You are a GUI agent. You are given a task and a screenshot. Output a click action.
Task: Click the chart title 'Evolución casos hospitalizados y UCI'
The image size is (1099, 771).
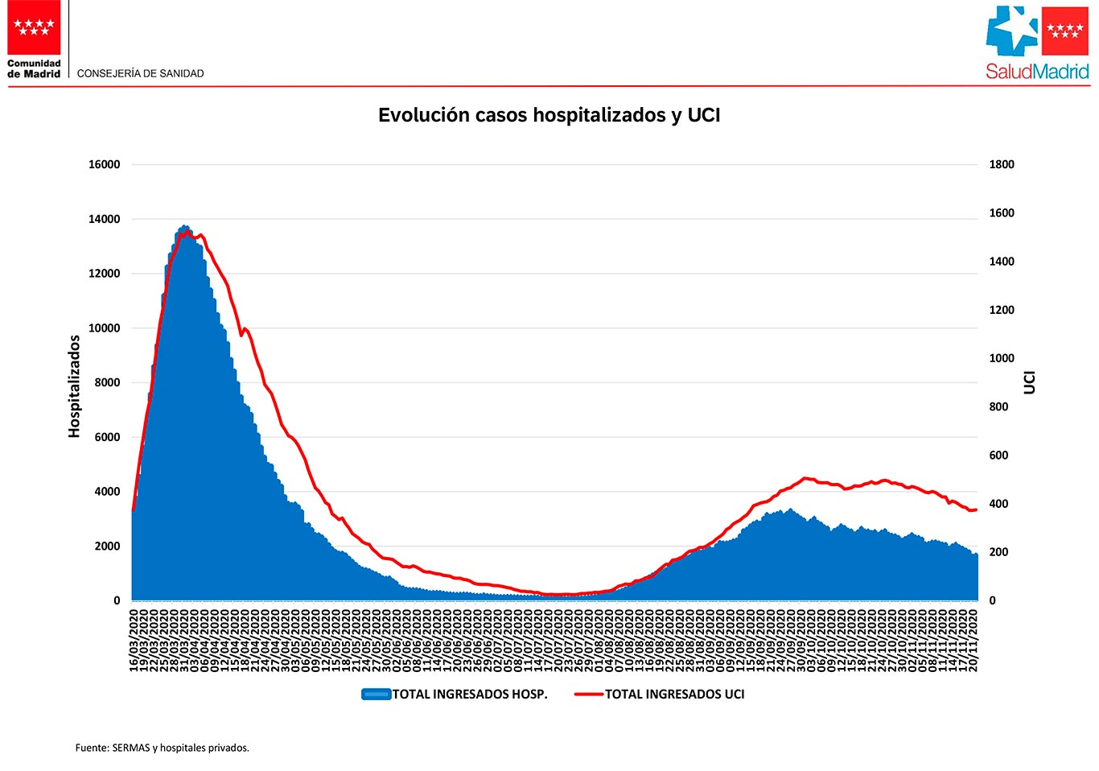(x=549, y=115)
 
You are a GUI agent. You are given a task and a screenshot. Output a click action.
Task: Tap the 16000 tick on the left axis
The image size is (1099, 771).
(x=104, y=164)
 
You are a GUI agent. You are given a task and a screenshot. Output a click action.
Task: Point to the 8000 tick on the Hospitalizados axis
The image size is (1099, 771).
(x=107, y=382)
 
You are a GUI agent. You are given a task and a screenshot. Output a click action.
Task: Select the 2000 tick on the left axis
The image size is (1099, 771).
(x=107, y=546)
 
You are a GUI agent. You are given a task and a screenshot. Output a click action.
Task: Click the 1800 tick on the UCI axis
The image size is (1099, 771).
(x=1002, y=164)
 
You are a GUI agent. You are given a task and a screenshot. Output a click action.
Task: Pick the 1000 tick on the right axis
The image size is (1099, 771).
(x=1002, y=358)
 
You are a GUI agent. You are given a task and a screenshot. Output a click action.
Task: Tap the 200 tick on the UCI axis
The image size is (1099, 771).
(x=998, y=552)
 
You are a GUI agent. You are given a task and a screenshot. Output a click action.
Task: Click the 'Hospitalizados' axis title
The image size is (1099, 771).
(x=75, y=386)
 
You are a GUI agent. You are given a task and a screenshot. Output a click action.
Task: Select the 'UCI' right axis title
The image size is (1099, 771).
(x=1030, y=382)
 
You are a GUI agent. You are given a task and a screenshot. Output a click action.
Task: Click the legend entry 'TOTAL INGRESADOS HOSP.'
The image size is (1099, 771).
(x=470, y=694)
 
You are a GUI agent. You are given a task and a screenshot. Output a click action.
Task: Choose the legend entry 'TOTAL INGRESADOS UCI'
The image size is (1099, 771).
(x=674, y=694)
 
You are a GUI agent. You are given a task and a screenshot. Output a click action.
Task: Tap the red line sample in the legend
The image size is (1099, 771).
(x=589, y=694)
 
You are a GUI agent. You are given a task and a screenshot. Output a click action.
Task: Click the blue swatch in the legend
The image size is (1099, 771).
(x=376, y=694)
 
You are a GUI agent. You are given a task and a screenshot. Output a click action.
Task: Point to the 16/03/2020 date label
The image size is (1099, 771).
(x=134, y=640)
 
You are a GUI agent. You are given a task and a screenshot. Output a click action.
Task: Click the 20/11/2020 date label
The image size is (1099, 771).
(x=974, y=640)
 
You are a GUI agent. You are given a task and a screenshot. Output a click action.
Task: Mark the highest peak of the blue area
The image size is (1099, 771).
(x=184, y=227)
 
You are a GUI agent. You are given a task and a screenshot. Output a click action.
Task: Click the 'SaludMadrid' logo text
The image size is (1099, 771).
(x=1037, y=72)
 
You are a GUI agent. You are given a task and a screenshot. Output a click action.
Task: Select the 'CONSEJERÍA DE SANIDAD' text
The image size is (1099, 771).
(x=140, y=73)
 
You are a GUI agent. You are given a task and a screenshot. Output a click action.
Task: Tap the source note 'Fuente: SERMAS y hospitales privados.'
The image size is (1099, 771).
(x=163, y=748)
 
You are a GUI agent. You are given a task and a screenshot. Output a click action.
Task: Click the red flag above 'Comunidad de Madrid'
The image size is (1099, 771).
(x=34, y=27)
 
